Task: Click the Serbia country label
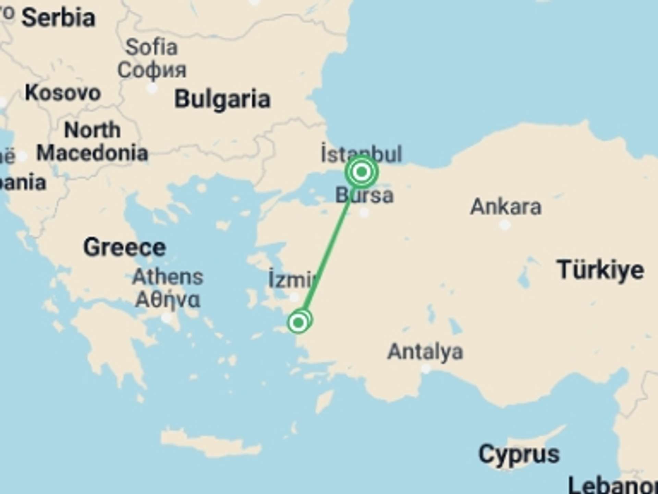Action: (58, 18)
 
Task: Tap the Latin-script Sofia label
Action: (151, 47)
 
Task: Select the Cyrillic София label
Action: (152, 70)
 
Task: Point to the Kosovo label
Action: (63, 93)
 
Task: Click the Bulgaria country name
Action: (222, 99)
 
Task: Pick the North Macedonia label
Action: (92, 141)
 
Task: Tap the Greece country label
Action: (124, 247)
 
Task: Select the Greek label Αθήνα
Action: (168, 300)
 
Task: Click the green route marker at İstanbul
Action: (362, 172)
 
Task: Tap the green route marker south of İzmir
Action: (298, 322)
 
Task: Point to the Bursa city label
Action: (364, 195)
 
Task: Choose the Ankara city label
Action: (506, 207)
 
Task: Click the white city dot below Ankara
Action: (504, 225)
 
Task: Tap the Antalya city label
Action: (425, 352)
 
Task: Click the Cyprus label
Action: (519, 454)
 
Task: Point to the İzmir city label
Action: (291, 280)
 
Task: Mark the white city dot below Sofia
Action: (152, 88)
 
